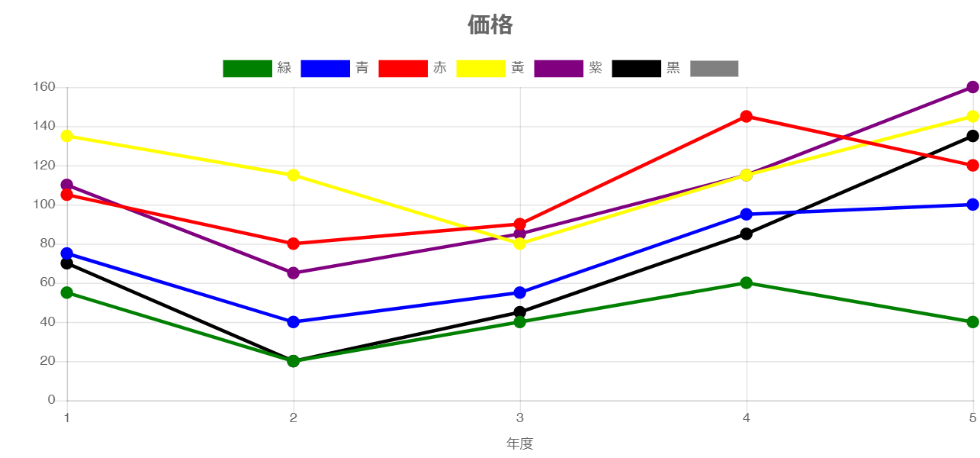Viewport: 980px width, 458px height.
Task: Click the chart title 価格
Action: (490, 25)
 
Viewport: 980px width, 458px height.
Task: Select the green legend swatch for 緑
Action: (247, 69)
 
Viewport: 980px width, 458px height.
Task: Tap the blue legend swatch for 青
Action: (325, 69)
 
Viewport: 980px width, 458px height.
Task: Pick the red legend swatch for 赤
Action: (403, 69)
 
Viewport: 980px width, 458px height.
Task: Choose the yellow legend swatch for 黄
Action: (480, 69)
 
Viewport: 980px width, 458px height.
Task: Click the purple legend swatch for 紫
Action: (558, 69)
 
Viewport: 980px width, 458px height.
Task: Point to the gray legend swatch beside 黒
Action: (715, 69)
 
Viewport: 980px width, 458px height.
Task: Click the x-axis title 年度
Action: (519, 443)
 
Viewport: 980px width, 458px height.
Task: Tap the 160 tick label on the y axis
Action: (44, 87)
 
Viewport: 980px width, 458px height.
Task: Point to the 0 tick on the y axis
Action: (51, 399)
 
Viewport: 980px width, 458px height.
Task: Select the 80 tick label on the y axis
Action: (47, 244)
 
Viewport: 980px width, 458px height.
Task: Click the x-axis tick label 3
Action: (519, 418)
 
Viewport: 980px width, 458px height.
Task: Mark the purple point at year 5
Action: (972, 87)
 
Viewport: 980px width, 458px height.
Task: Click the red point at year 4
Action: (746, 117)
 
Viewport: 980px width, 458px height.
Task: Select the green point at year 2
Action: (293, 361)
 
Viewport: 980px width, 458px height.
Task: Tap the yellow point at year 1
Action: (66, 136)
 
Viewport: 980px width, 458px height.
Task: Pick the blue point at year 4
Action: (746, 214)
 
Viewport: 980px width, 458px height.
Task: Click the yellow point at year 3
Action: (519, 244)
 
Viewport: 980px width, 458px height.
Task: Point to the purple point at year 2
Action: (293, 273)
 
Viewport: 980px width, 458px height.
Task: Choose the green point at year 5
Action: (972, 322)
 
